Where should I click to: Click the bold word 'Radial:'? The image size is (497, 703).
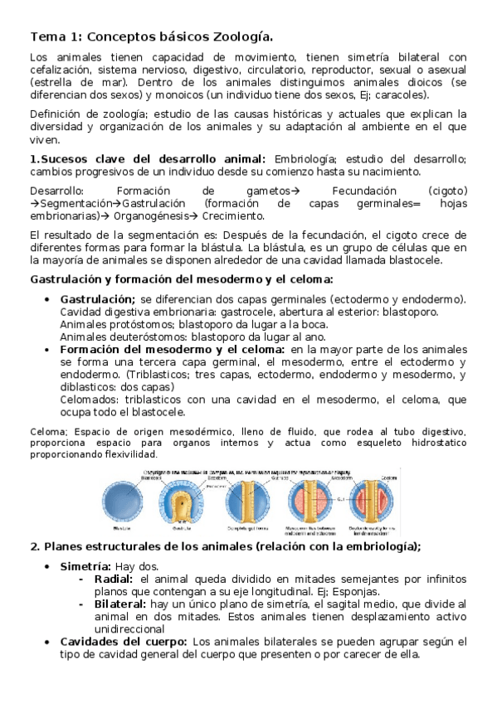pos(115,578)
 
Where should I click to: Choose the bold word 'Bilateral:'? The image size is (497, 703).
pos(120,604)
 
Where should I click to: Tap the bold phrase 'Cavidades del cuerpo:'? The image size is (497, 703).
pos(124,642)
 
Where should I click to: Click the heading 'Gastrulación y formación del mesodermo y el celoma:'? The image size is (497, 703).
pos(181,279)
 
